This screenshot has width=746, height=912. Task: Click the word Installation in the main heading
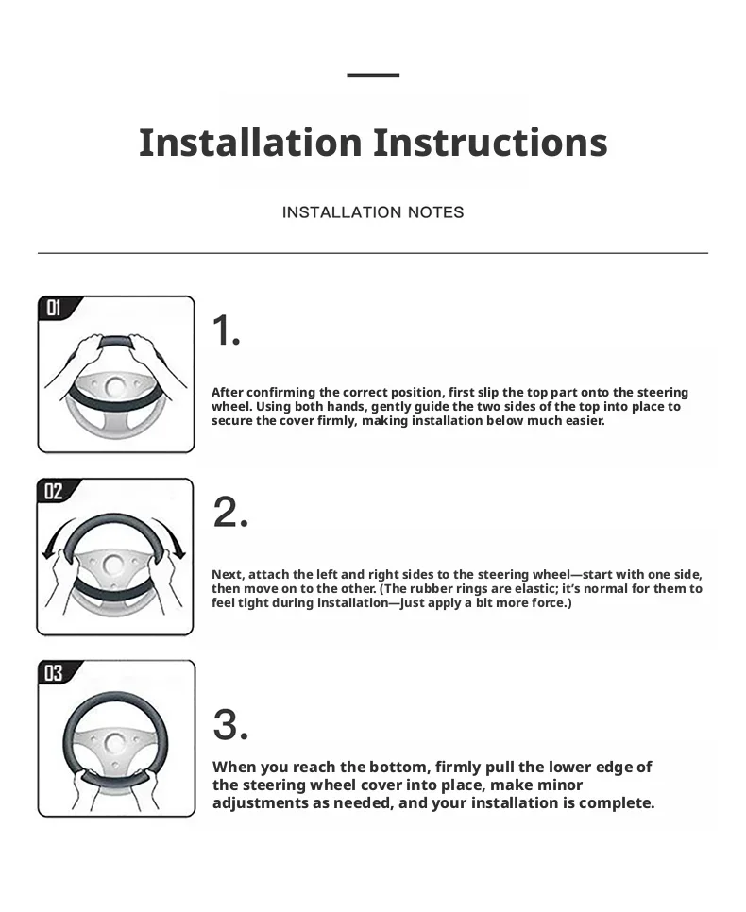coord(250,143)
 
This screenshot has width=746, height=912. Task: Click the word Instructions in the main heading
coord(490,143)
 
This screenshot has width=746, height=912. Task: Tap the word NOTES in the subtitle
coord(435,212)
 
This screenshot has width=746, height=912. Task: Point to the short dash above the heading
coord(373,75)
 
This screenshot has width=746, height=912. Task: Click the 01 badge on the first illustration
coord(54,308)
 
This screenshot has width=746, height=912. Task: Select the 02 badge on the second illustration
coord(54,492)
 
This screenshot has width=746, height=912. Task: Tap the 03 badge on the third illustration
coord(54,673)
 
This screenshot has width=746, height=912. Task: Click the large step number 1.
coord(226,330)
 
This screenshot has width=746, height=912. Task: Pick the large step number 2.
coord(230,512)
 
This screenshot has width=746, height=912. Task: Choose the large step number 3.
coord(230,725)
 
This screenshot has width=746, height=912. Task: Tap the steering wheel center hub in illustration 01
coord(115,387)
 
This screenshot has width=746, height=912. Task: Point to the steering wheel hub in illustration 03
coord(114,744)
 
